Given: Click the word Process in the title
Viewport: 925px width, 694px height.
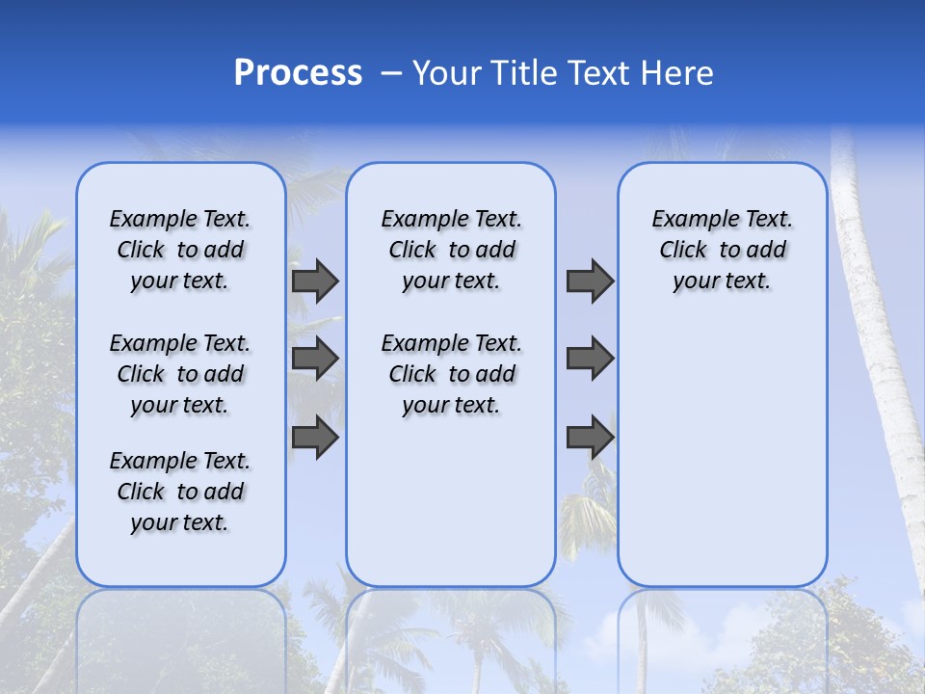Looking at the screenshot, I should click(298, 73).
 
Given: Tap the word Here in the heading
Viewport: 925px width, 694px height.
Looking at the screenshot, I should click(678, 73).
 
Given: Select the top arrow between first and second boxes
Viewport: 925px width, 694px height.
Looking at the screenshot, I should click(315, 281).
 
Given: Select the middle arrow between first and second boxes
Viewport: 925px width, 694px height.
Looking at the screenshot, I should click(315, 360).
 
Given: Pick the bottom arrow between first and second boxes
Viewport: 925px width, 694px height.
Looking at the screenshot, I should click(315, 438).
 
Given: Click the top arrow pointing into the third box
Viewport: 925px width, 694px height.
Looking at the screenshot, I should click(590, 281).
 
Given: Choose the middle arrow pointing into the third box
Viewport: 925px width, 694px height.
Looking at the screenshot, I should click(590, 360).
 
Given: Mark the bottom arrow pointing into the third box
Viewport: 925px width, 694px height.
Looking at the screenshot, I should click(590, 438).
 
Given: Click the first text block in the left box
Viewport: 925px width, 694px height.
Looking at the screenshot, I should click(180, 250).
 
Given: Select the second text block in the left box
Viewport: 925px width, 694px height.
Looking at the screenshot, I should click(180, 374).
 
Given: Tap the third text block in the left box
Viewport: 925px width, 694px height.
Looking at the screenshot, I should click(180, 492).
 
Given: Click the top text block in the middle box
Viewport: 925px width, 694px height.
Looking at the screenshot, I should click(451, 250).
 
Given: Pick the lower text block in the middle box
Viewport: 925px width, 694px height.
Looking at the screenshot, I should click(451, 374).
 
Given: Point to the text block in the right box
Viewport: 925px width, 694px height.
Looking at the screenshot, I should click(722, 250).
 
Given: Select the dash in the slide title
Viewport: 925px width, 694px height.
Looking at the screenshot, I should click(391, 73).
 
